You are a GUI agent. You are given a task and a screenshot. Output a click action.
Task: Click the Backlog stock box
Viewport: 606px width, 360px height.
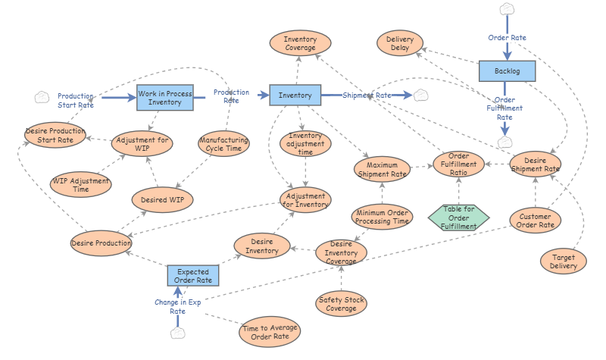[x=507, y=71]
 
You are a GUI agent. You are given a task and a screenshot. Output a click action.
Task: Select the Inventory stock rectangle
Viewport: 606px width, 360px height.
[x=295, y=95]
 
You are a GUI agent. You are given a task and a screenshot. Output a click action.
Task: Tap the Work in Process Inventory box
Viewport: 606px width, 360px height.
[x=165, y=98]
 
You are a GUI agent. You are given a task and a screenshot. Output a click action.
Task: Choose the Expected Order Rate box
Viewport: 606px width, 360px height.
[x=193, y=276]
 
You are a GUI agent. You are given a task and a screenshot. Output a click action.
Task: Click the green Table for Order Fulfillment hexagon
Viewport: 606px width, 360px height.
[x=459, y=218]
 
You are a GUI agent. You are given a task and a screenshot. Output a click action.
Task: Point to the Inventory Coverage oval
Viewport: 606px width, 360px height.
[x=300, y=43]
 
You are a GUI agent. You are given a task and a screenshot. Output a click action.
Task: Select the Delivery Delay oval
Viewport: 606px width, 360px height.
[x=400, y=43]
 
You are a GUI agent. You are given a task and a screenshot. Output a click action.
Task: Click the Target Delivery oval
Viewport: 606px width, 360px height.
[x=563, y=261]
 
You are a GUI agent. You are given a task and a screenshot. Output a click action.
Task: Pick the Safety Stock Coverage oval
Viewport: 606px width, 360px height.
[x=342, y=304]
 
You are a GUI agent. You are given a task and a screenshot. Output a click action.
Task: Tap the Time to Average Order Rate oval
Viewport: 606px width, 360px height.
[x=270, y=332]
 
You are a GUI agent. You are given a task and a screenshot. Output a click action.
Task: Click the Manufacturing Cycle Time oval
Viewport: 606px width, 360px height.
[x=223, y=144]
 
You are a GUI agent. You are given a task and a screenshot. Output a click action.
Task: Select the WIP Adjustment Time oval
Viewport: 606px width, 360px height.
[x=81, y=185]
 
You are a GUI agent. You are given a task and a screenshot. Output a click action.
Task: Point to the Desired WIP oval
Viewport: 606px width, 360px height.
[x=162, y=200]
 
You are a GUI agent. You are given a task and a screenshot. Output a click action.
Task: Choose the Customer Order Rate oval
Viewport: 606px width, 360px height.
[x=536, y=221]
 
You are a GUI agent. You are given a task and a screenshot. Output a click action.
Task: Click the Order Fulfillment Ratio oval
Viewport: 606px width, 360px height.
[x=459, y=164]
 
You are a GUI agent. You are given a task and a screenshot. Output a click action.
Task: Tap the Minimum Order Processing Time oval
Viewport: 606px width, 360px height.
[x=383, y=217]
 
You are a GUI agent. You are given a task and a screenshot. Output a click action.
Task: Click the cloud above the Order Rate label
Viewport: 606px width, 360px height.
[x=507, y=9]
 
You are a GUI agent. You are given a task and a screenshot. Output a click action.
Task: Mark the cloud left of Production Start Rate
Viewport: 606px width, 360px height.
[x=42, y=97]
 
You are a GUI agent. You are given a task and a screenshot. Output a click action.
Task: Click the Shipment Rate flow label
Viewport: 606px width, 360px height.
[x=367, y=95]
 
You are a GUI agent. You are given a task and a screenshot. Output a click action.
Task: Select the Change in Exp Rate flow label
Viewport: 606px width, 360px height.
[x=178, y=307]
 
